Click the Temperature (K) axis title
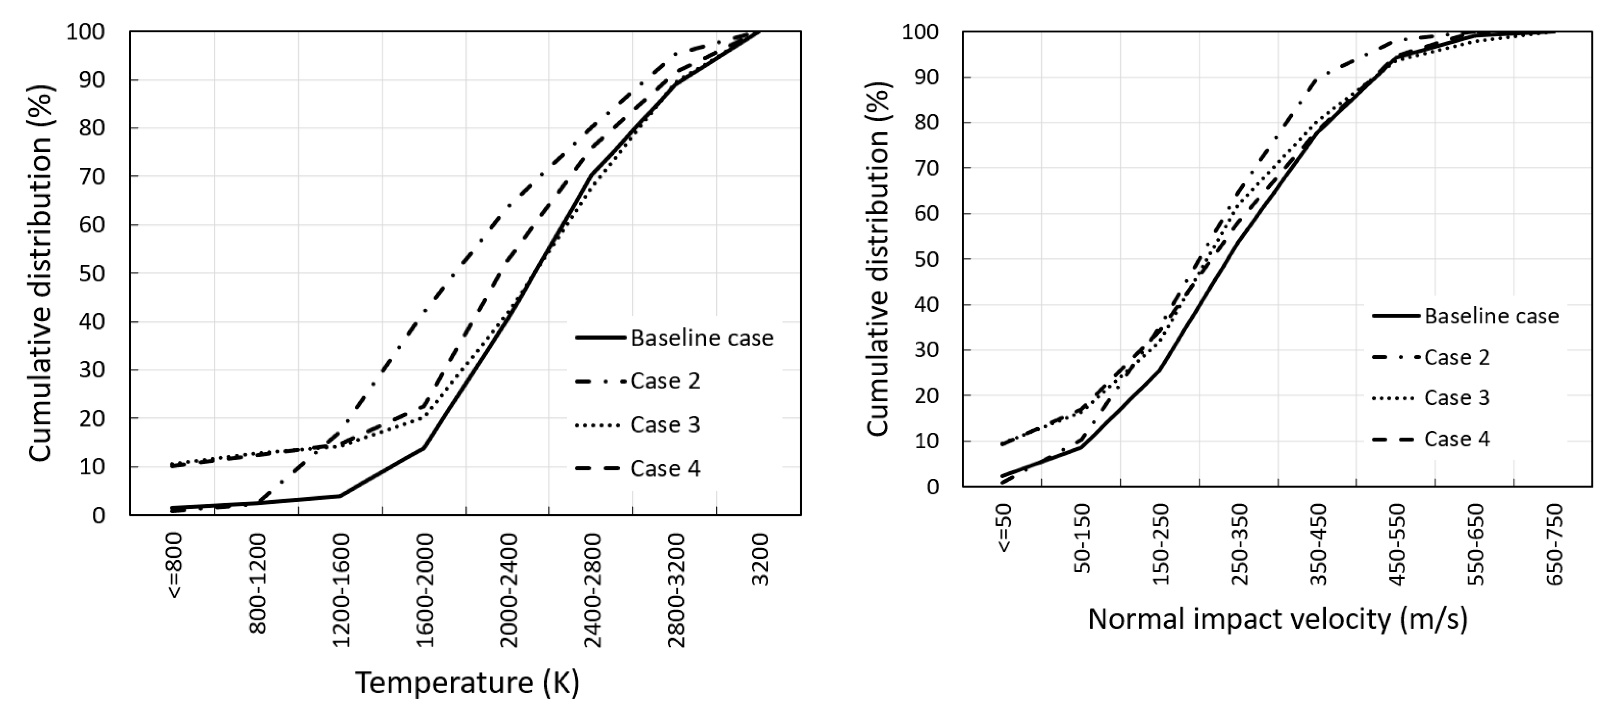[468, 682]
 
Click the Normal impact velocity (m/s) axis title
[1277, 619]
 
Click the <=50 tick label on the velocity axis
[1003, 528]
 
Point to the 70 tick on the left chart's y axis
[92, 176]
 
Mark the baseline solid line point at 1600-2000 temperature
[424, 447]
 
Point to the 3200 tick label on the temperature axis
[759, 560]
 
